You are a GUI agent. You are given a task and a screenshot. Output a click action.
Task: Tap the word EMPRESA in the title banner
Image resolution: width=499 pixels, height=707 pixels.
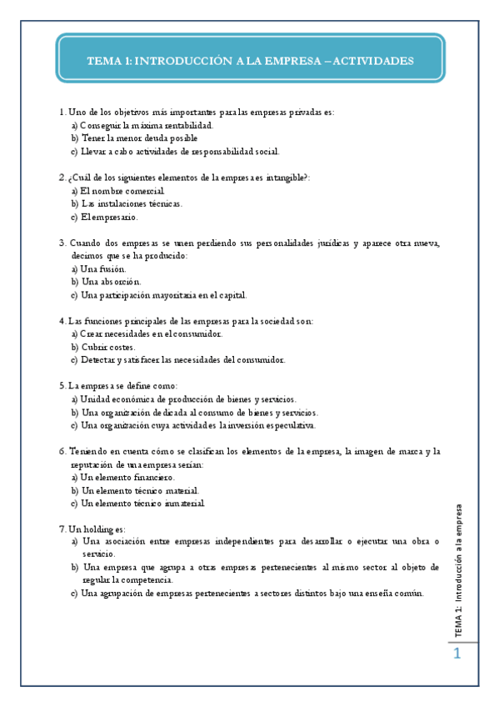click(x=295, y=61)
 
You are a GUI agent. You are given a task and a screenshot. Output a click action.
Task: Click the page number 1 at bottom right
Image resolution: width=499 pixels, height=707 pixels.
click(x=457, y=654)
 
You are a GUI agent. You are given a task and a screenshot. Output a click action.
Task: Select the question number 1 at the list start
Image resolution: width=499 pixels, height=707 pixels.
click(x=62, y=112)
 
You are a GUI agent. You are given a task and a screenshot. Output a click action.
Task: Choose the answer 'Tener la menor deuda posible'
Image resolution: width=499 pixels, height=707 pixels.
click(x=139, y=138)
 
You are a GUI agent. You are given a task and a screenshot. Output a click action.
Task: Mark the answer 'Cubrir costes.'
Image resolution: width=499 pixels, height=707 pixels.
click(x=108, y=347)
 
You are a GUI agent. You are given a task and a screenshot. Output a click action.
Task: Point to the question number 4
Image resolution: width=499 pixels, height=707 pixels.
click(x=62, y=321)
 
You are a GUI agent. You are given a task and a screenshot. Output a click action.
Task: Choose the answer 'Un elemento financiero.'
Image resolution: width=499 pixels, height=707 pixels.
click(x=127, y=478)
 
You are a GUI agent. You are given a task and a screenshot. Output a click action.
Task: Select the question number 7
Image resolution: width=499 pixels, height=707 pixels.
click(x=62, y=529)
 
